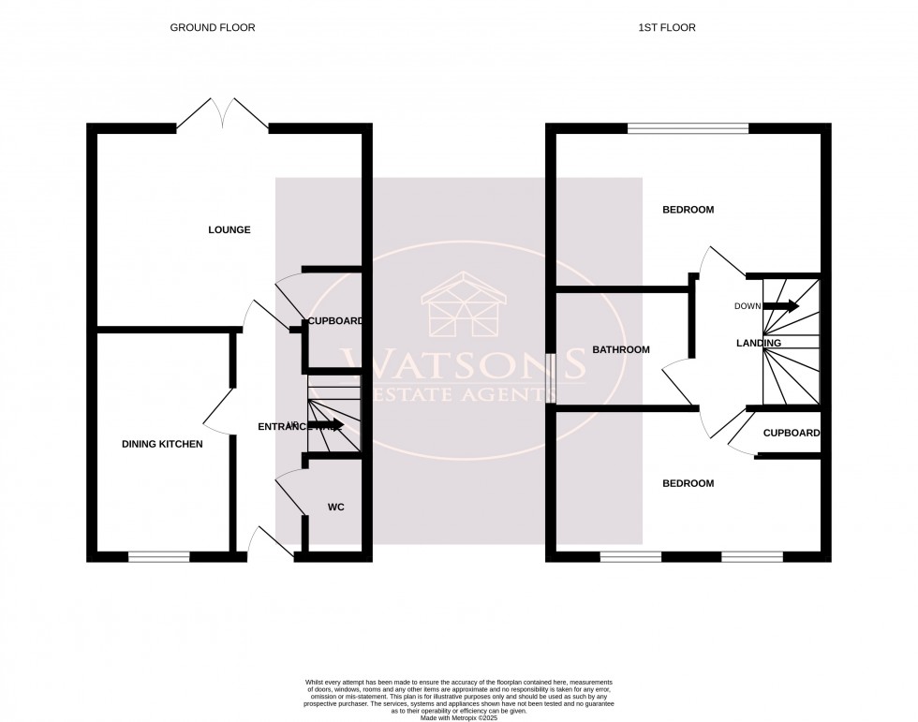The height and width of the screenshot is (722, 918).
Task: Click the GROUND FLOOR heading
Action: click(212, 28)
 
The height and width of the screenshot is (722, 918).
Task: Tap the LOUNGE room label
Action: click(229, 229)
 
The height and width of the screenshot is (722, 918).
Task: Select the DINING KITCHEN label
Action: click(161, 444)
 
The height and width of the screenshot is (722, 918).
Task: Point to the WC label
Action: click(336, 508)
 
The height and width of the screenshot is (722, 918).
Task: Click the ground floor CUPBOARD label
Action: click(335, 321)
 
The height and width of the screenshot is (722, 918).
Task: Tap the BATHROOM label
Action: click(620, 350)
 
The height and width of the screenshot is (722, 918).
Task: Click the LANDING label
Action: click(759, 344)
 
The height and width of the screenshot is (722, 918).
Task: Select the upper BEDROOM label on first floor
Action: click(688, 210)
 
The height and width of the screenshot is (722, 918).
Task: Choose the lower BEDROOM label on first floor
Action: click(688, 483)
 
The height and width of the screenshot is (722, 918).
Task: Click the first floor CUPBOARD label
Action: click(792, 434)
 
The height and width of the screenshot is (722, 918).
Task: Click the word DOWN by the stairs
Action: click(748, 306)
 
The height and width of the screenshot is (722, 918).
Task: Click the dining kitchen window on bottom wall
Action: click(159, 556)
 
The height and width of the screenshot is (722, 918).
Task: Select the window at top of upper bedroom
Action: click(688, 128)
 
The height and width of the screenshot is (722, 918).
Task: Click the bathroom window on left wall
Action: click(552, 377)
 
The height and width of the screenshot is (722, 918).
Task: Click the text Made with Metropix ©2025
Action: click(458, 717)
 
